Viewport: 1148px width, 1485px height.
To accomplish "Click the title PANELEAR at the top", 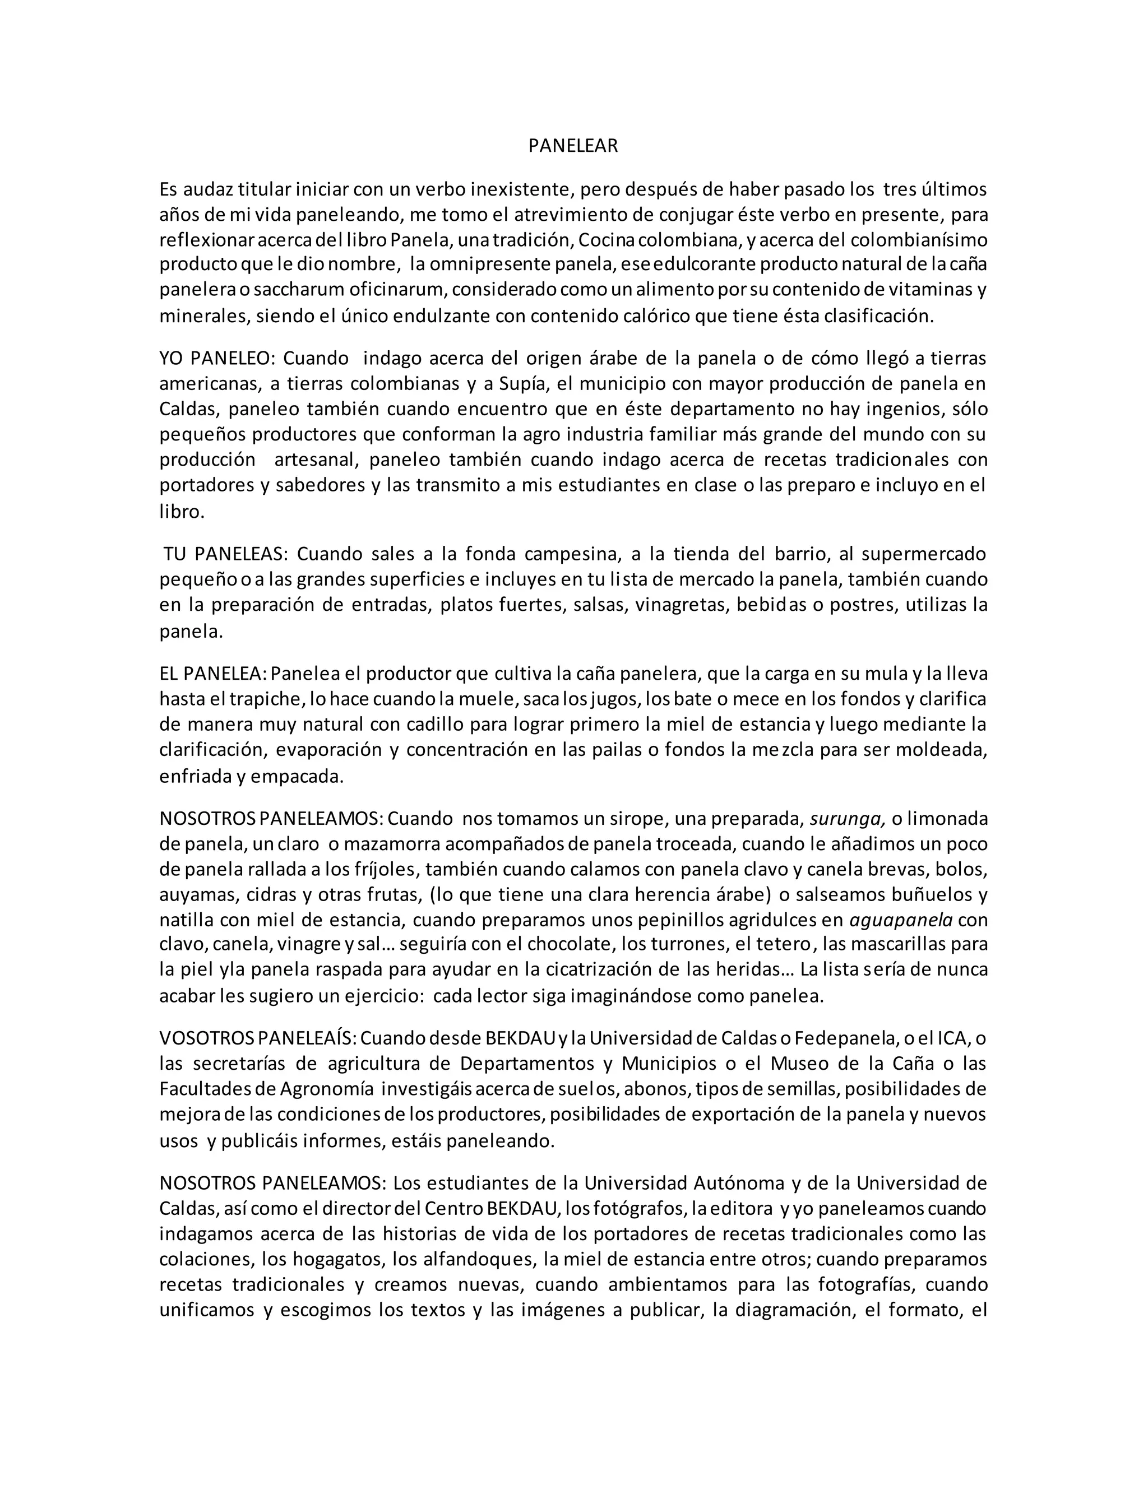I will tap(573, 146).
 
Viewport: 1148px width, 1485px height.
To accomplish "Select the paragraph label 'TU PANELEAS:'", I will tap(226, 554).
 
